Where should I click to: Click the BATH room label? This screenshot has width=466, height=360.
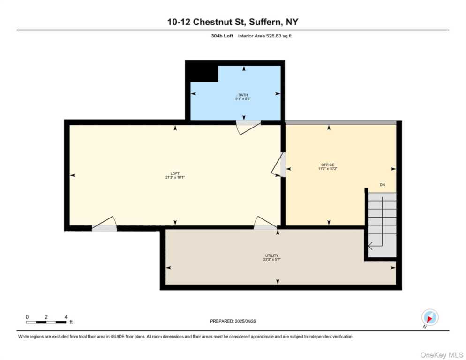tap(243, 95)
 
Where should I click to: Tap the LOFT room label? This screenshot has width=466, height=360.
tap(175, 173)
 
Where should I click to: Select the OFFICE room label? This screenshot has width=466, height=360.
tap(328, 165)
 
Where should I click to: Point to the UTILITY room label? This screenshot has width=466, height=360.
tap(272, 255)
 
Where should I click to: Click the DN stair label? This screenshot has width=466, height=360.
tap(382, 185)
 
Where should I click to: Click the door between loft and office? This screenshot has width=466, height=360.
tap(279, 165)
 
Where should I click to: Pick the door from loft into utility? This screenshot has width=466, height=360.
tap(265, 224)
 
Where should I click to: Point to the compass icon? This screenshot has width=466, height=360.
tap(429, 317)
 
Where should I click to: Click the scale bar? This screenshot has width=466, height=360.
tap(46, 322)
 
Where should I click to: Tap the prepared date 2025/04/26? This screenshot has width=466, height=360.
tap(233, 321)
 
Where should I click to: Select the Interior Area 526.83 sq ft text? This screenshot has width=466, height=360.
tap(265, 36)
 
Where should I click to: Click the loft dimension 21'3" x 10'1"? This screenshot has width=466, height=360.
tap(175, 177)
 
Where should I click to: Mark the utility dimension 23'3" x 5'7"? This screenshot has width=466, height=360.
tap(272, 259)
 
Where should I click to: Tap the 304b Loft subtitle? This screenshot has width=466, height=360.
tap(222, 36)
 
